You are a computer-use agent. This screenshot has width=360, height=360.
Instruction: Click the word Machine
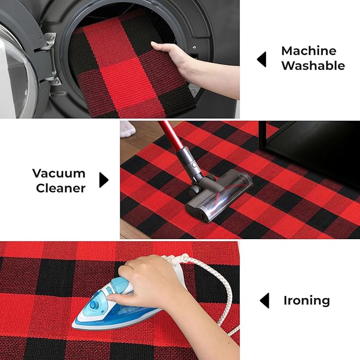pos(309,51)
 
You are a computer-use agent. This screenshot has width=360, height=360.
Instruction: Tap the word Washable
pos(313,66)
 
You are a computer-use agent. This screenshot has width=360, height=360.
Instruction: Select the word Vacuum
pos(59,173)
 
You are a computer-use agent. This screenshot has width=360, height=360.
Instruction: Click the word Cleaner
pos(60,188)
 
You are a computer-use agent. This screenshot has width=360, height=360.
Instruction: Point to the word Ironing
pos(307,301)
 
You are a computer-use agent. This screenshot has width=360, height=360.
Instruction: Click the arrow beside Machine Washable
pos(261,59)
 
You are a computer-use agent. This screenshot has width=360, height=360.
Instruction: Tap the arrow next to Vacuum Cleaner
pos(104,180)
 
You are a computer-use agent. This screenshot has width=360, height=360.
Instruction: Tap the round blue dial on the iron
pos(94,305)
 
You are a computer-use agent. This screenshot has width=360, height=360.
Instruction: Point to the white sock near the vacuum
pos(128,129)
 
